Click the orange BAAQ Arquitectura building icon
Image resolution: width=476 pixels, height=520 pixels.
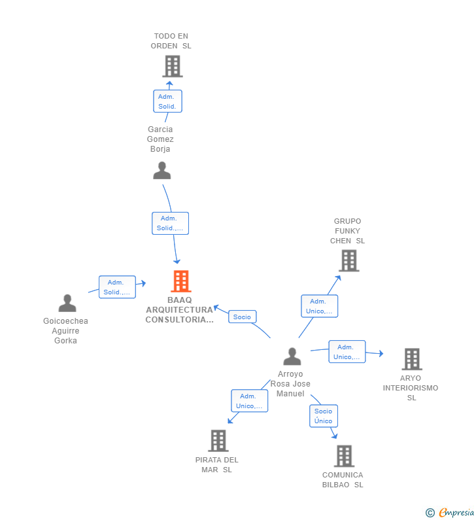pyautogui.click(x=181, y=281)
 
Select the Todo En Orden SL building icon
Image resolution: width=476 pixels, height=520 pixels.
pyautogui.click(x=172, y=66)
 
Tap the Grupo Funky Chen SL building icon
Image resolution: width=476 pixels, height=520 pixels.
pyautogui.click(x=348, y=260)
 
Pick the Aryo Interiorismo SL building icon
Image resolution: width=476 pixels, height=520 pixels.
pyautogui.click(x=411, y=359)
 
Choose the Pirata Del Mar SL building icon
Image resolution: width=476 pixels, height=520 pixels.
pyautogui.click(x=218, y=441)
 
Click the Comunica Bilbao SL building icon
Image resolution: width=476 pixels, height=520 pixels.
pyautogui.click(x=344, y=456)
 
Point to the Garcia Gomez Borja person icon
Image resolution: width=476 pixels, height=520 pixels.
pyautogui.click(x=161, y=171)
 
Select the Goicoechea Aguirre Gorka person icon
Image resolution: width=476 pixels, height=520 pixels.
pyautogui.click(x=67, y=303)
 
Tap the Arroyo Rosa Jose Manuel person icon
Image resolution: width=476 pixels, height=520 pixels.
pyautogui.click(x=292, y=356)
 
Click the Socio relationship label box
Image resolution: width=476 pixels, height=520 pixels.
pyautogui.click(x=242, y=317)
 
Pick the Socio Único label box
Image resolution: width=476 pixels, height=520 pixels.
pyautogui.click(x=323, y=416)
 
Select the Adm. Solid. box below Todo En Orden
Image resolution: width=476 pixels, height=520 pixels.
pyautogui.click(x=167, y=101)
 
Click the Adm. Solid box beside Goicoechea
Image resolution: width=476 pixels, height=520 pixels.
pyautogui.click(x=117, y=287)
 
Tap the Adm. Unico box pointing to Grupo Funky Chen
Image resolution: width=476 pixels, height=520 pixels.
pyautogui.click(x=319, y=306)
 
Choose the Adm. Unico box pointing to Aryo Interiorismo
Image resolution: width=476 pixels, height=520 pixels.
pyautogui.click(x=347, y=352)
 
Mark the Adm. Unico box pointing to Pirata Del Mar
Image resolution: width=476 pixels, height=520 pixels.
pyautogui.click(x=249, y=401)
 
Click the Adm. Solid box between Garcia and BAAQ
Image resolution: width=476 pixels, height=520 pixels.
pyautogui.click(x=170, y=223)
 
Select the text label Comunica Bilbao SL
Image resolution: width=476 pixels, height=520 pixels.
pyautogui.click(x=343, y=480)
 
